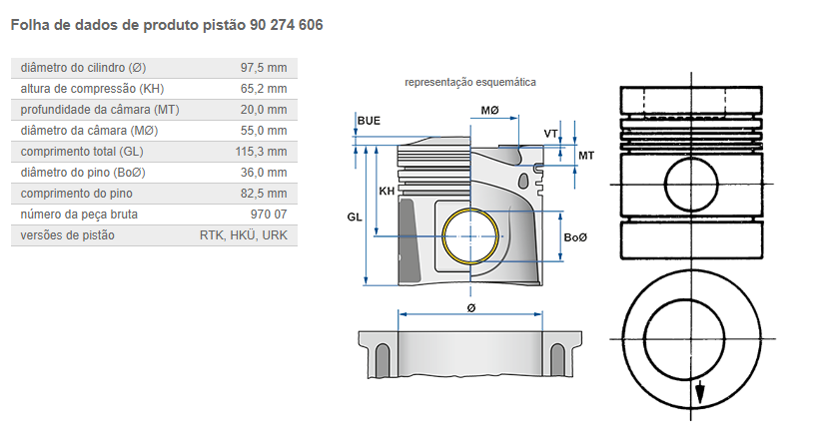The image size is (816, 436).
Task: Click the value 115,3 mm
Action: tap(261, 152)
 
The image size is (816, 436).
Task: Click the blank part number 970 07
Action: tap(268, 215)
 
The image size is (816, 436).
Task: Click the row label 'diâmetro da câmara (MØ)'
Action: tap(89, 131)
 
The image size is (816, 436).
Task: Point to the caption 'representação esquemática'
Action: tap(469, 82)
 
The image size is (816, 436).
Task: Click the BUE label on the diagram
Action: tap(369, 121)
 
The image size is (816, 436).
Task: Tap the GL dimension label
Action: tap(355, 217)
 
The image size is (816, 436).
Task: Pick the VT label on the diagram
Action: tap(550, 134)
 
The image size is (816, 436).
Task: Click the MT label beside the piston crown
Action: tap(586, 156)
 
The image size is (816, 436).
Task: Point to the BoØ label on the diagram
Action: tap(576, 237)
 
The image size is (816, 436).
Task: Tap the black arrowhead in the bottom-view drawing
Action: tap(700, 391)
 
